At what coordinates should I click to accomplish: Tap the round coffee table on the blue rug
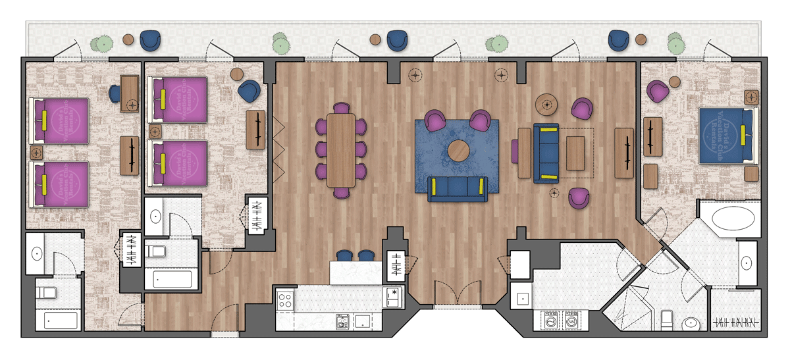pyautogui.click(x=460, y=151)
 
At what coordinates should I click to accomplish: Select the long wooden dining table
pyautogui.click(x=341, y=149)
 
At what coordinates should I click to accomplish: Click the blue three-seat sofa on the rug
pyautogui.click(x=457, y=189)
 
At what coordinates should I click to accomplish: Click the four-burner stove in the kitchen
pyautogui.click(x=286, y=301)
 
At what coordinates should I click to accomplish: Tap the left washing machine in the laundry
pyautogui.click(x=548, y=321)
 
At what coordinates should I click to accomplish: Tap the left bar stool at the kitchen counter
pyautogui.click(x=344, y=255)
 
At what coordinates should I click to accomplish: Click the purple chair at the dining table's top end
pyautogui.click(x=342, y=108)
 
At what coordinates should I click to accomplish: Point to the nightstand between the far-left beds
pyautogui.click(x=36, y=153)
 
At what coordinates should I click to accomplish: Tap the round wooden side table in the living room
pyautogui.click(x=547, y=103)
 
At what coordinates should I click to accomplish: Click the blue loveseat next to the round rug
pyautogui.click(x=546, y=153)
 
